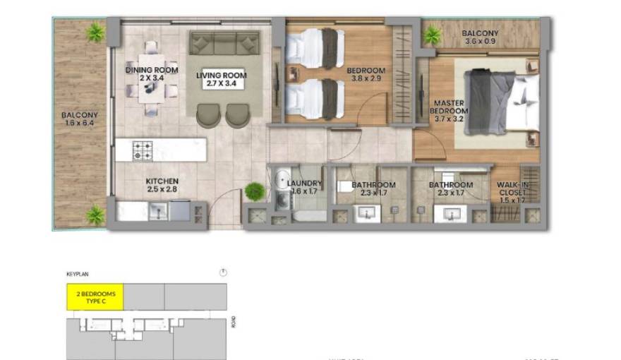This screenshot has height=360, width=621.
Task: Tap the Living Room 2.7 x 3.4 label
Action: click(221, 79)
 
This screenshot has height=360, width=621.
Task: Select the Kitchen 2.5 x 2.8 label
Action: click(162, 186)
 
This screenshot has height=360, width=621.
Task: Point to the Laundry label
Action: click(305, 187)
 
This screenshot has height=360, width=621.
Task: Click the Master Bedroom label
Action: click(450, 107)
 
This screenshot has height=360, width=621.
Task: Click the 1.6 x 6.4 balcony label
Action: click(80, 119)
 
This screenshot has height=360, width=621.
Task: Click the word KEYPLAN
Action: click(78, 274)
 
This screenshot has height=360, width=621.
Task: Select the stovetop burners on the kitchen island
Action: click(143, 150)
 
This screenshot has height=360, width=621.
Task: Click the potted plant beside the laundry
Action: click(254, 191)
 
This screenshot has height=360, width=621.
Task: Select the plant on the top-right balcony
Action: click(431, 34)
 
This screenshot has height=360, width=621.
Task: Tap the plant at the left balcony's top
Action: click(95, 31)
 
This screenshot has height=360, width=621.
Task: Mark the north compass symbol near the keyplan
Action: click(223, 272)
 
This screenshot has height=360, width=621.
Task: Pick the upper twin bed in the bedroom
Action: click(314, 48)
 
